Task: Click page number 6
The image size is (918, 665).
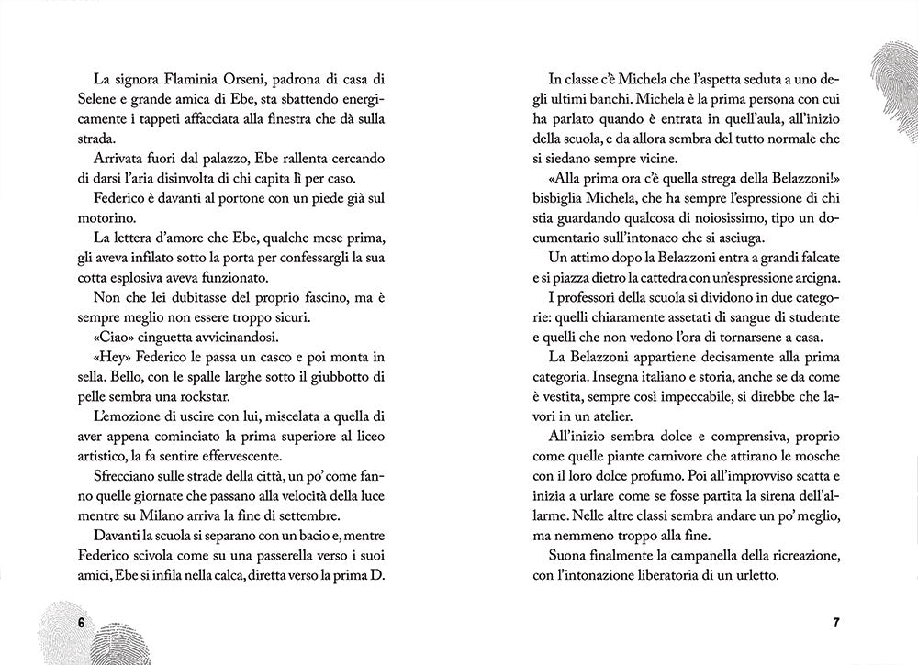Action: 81,622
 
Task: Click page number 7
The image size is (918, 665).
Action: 836,622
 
